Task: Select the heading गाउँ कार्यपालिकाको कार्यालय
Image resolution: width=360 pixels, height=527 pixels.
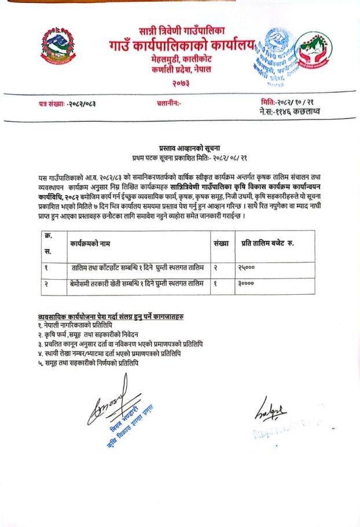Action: (182, 45)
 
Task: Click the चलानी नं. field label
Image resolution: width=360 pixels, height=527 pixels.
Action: (169, 103)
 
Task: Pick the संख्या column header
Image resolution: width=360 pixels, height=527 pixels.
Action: (221, 244)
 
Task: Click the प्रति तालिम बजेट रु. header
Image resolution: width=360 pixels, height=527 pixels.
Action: (267, 244)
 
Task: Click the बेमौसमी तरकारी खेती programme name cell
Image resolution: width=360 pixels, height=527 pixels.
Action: (134, 284)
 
